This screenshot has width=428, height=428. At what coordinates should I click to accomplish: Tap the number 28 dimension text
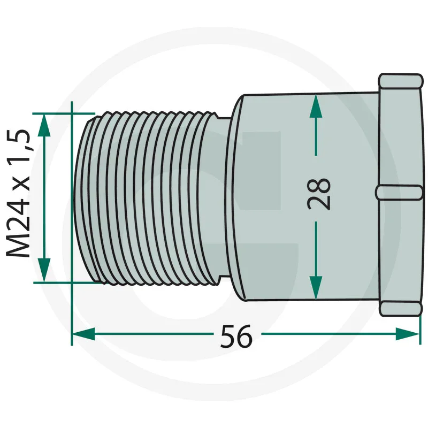point(319,194)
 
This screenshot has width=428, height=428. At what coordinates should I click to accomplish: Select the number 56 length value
point(236,337)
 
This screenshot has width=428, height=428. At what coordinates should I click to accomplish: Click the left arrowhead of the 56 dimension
point(83,334)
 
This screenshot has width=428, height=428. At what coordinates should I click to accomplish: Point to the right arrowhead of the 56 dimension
point(407,334)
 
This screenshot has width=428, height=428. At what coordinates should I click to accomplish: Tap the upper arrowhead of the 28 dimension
point(316,106)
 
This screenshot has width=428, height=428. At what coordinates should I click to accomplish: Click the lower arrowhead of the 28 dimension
point(316,288)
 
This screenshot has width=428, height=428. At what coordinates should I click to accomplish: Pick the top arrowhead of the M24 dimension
point(44,125)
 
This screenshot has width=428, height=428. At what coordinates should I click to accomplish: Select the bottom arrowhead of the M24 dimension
point(44,270)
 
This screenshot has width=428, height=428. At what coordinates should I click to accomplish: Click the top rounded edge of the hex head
point(400,81)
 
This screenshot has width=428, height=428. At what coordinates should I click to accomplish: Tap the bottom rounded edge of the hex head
point(400,309)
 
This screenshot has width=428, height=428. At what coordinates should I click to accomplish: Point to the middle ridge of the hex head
point(399,193)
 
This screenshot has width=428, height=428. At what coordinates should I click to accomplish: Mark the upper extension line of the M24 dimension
point(64,113)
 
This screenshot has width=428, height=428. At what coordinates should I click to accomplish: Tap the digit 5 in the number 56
point(228,337)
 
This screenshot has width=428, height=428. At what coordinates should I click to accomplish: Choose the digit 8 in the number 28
point(319,186)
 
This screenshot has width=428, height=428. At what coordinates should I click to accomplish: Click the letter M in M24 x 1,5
point(19,245)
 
